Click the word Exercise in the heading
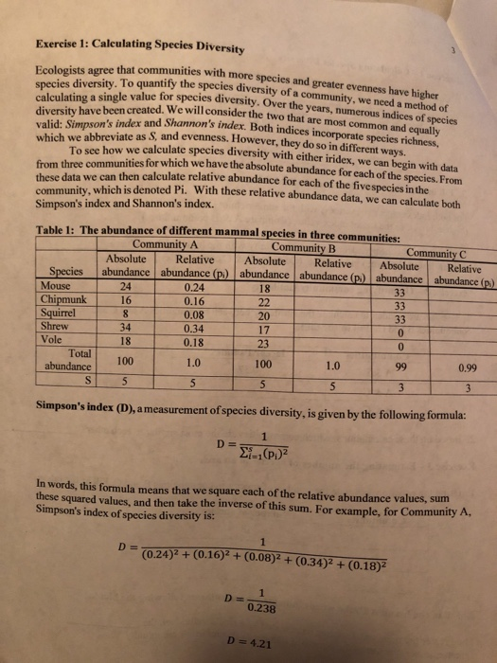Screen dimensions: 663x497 coord(56,42)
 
